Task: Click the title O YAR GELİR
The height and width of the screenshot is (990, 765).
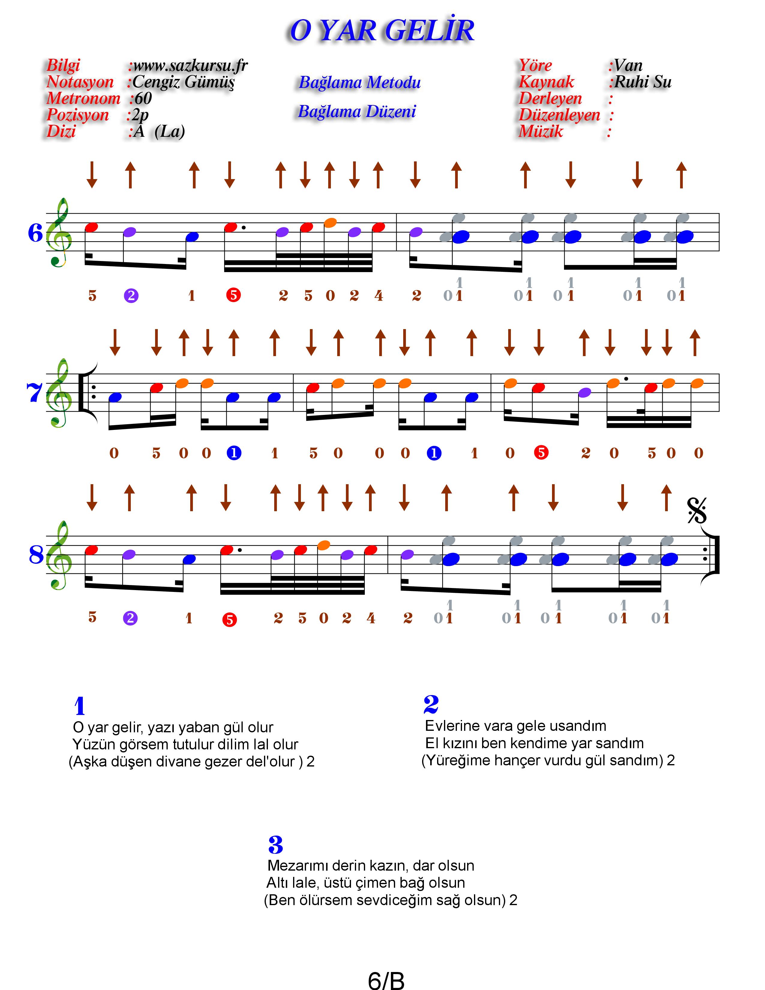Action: pos(382,31)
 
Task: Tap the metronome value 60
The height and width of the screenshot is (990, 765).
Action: pos(143,98)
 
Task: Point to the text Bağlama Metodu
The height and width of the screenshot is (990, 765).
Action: pos(359,82)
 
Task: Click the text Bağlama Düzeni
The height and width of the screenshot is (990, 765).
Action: pos(357,112)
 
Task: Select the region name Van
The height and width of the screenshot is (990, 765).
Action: pos(628,66)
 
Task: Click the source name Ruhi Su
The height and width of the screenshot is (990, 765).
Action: pos(643,82)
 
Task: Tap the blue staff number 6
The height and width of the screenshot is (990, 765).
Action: pos(35,233)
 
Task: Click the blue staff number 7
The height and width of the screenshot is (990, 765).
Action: pos(34,393)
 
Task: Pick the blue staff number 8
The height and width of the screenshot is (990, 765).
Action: pos(36,554)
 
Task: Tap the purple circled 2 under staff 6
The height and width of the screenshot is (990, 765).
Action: pos(131,296)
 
